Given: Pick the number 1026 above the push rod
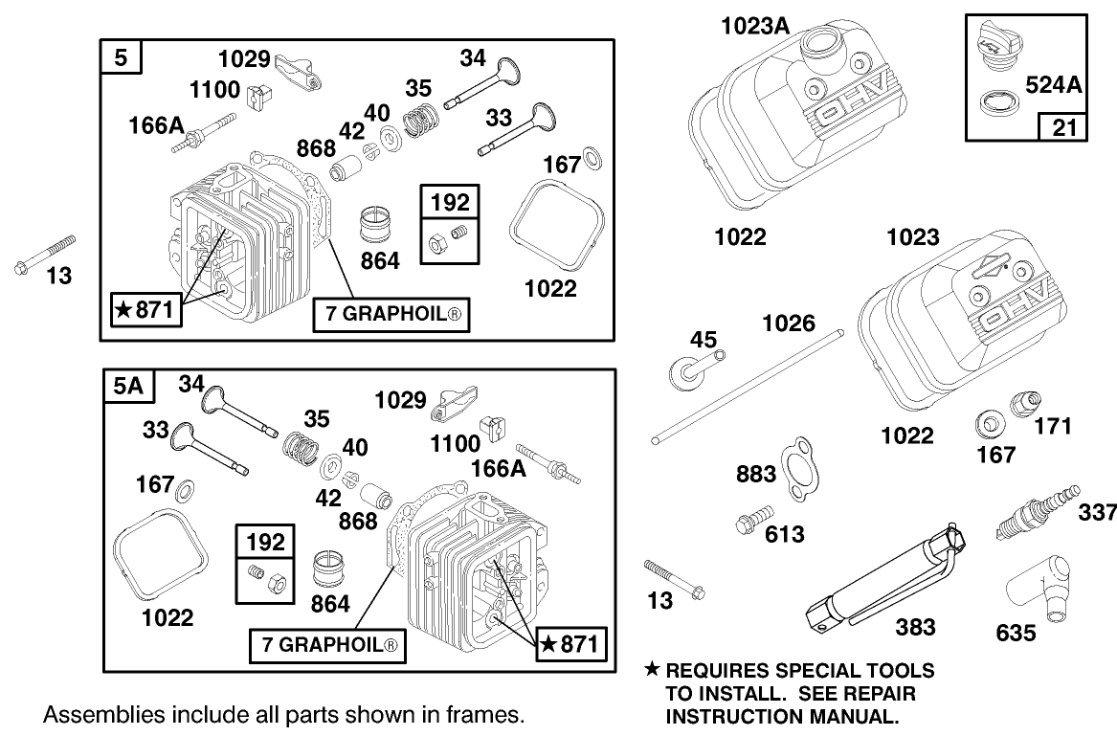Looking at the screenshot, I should (789, 323).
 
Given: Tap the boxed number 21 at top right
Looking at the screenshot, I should (1063, 125).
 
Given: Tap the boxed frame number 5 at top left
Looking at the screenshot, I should (121, 57).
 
